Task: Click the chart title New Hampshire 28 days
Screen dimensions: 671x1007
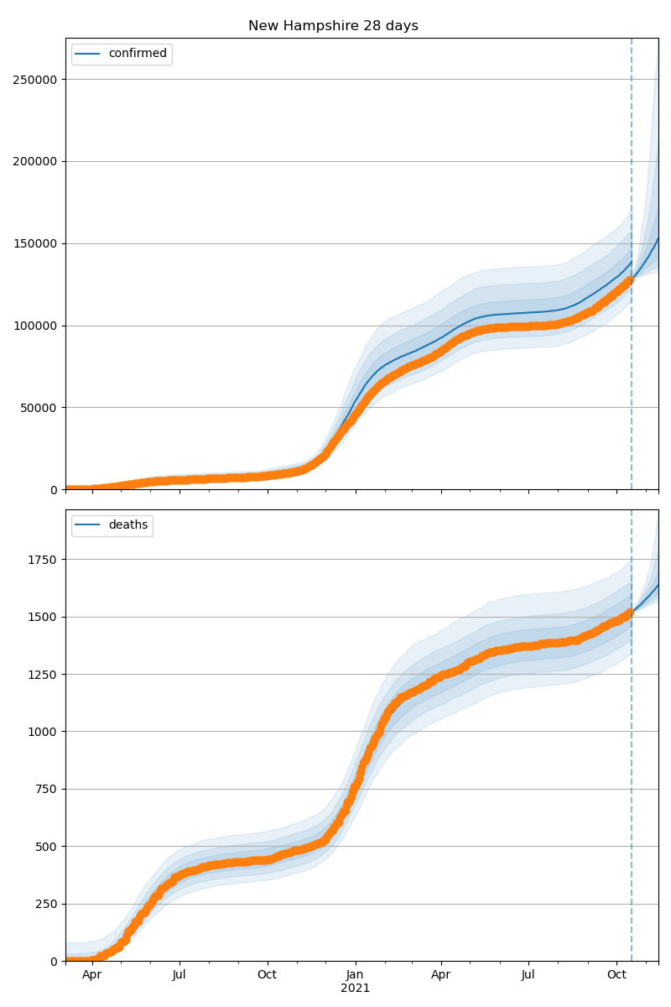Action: [333, 26]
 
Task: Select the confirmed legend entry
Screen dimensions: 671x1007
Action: [122, 54]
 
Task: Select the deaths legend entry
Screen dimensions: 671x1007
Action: [112, 524]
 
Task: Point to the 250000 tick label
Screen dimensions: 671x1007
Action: [35, 80]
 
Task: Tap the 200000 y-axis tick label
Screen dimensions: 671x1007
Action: [35, 162]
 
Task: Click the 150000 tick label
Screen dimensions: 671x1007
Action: [35, 244]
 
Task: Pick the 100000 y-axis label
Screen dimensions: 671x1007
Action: [35, 326]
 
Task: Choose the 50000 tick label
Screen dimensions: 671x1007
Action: [39, 408]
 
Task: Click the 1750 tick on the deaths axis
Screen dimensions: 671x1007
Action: [43, 561]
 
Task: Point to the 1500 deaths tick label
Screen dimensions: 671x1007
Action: [43, 618]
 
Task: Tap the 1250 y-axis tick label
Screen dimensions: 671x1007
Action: [43, 675]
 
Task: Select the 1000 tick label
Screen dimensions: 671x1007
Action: [43, 733]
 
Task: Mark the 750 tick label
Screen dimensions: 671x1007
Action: [46, 790]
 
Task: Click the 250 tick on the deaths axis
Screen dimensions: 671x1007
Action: [46, 904]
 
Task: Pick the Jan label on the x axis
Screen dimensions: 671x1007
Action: [355, 974]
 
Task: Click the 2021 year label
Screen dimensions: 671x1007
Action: [355, 989]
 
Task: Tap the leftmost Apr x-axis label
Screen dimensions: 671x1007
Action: [91, 975]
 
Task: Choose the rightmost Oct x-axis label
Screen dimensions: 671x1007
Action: [616, 974]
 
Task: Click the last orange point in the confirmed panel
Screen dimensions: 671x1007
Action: [630, 279]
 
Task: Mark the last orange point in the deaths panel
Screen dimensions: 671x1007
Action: [630, 613]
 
